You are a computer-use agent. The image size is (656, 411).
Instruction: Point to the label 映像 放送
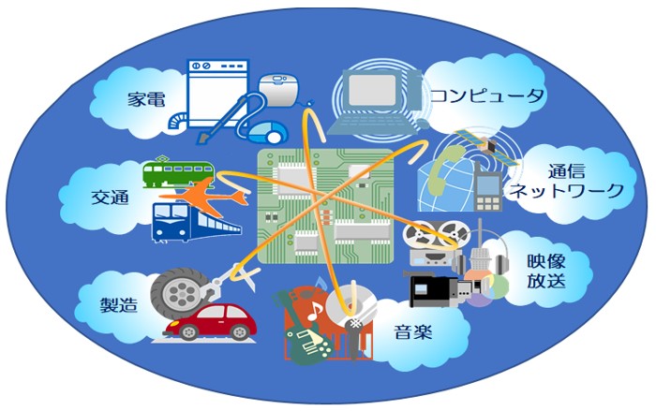(544, 269)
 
